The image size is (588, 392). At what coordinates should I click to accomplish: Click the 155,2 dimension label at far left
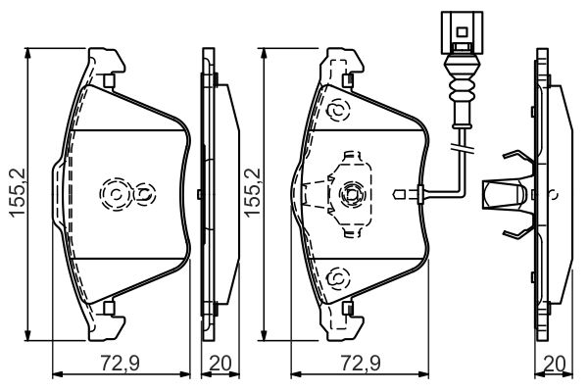tap(17, 192)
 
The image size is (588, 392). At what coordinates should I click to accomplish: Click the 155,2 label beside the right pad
tap(253, 192)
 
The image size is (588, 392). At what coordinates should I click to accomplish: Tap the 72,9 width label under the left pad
tap(120, 364)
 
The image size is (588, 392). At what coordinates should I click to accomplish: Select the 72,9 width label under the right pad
tap(361, 364)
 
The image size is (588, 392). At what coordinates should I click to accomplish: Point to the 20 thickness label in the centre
tap(220, 364)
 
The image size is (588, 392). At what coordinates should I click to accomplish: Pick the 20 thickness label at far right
tap(554, 364)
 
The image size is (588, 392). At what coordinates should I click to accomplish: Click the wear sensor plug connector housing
tap(462, 32)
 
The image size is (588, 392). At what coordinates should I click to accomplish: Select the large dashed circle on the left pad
tap(116, 194)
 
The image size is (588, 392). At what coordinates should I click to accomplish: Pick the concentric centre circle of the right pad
tap(352, 194)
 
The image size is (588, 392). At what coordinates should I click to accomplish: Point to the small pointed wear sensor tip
tap(399, 194)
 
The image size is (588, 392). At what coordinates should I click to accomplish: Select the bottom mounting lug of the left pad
tap(107, 321)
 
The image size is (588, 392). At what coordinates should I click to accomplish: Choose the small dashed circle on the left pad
tap(144, 194)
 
